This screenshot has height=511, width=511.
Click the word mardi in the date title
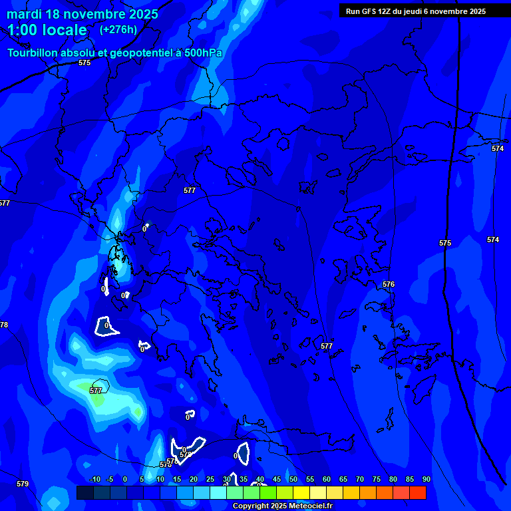pos(25,15)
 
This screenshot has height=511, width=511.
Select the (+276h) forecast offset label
pos(118,30)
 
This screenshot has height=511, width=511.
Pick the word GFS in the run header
pos(369,11)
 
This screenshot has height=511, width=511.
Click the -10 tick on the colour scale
pos(94,480)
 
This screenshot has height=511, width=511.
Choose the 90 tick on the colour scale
pos(426,480)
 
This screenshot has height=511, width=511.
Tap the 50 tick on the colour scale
pos(293,480)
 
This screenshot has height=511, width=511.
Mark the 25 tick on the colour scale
pos(210,480)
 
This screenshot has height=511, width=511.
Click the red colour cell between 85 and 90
pos(417,492)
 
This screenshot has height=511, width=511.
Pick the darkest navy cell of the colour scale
pos(85,492)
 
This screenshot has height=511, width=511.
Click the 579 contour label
pos(23,484)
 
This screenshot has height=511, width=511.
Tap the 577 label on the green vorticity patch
pos(96,391)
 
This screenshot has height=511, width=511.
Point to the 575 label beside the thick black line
pos(445,243)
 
